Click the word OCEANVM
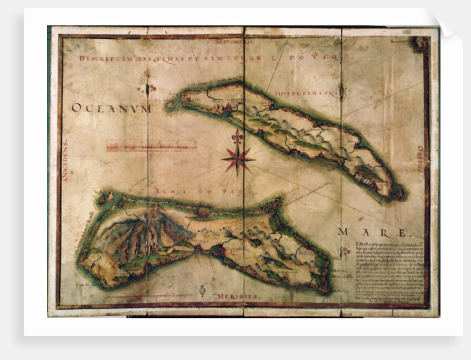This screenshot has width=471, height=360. click(111, 109)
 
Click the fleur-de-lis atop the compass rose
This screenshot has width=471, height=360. click(237, 137)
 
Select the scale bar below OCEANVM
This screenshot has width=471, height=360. click(151, 146)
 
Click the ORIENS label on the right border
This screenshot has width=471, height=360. click(419, 157)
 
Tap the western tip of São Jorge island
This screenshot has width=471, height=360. click(169, 104)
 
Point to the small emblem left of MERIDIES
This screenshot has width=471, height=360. click(202, 291)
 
